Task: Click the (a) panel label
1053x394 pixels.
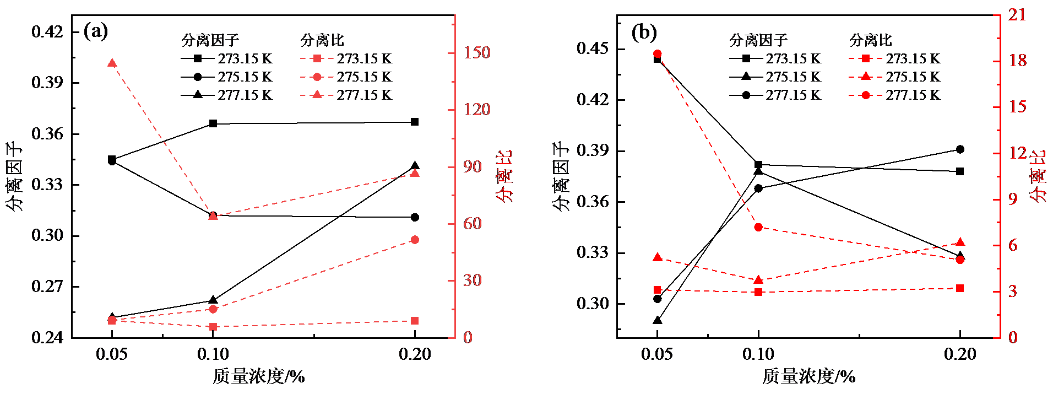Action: pyautogui.click(x=96, y=31)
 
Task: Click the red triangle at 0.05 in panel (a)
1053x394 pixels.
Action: pyautogui.click(x=112, y=63)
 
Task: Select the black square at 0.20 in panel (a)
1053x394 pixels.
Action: pyautogui.click(x=415, y=122)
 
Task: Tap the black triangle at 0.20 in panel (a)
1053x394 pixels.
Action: pyautogui.click(x=415, y=166)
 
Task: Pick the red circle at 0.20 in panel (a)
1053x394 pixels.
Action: pyautogui.click(x=415, y=240)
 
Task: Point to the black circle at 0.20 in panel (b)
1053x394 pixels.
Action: pyautogui.click(x=960, y=149)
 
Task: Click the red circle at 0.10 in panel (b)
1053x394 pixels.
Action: pyautogui.click(x=758, y=227)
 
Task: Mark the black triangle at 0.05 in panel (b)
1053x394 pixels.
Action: pyautogui.click(x=657, y=320)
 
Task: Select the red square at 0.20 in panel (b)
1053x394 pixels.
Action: pyautogui.click(x=960, y=288)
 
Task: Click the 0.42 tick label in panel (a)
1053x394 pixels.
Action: pyautogui.click(x=47, y=31)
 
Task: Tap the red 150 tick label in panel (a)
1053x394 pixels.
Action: pyautogui.click(x=476, y=52)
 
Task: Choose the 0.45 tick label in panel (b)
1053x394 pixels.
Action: pyautogui.click(x=592, y=48)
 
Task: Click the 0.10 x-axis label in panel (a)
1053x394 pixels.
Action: pyautogui.click(x=213, y=354)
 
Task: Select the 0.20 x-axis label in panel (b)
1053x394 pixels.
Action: pyautogui.click(x=960, y=354)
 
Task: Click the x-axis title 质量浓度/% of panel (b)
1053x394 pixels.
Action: pyautogui.click(x=808, y=376)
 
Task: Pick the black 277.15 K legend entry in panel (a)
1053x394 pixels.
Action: pyautogui.click(x=227, y=95)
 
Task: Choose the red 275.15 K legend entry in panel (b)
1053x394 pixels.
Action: pyautogui.click(x=895, y=77)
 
